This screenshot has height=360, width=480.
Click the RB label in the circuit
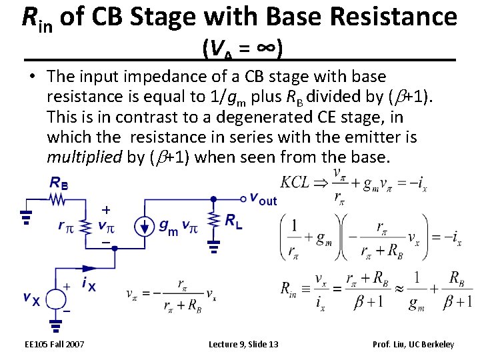tap(59, 183)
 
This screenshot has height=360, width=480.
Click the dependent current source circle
tap(143, 227)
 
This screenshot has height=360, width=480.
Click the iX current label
tap(89, 285)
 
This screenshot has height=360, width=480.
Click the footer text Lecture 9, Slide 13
tap(243, 344)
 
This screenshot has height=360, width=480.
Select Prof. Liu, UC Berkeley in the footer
tap(414, 344)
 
